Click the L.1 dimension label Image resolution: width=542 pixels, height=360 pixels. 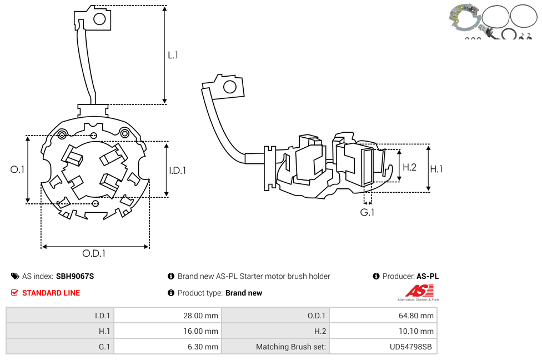click(173, 56)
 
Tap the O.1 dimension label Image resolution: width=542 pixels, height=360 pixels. click(17, 169)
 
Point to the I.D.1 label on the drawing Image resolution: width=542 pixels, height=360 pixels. click(178, 170)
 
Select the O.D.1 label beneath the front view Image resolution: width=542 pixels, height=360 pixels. click(94, 253)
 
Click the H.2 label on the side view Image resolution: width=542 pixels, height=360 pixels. click(410, 167)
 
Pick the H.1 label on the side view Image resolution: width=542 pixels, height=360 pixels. click(436, 169)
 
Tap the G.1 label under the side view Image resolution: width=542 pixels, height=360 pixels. click(367, 212)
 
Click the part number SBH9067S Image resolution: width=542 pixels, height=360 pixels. click(75, 276)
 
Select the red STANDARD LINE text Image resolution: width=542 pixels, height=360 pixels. click(51, 293)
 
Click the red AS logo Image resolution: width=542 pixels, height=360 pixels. click(419, 291)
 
